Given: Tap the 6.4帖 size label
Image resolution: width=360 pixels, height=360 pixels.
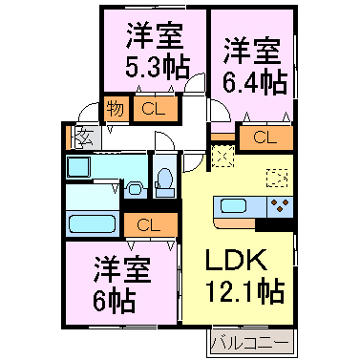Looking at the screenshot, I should click(254, 80).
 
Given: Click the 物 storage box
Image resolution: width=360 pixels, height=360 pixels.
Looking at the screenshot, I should click(115, 109).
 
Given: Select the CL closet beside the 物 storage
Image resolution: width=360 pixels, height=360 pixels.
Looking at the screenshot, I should click(152, 109).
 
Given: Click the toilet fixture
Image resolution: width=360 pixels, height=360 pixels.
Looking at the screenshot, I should click(164, 179).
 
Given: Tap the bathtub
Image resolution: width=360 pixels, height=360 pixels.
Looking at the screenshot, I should click(92, 225).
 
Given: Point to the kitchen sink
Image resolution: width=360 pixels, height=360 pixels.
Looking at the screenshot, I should click(233, 205).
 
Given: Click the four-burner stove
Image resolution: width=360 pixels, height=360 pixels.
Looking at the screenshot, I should click(280, 205).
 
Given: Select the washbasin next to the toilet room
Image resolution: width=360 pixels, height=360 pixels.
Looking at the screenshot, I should click(135, 187).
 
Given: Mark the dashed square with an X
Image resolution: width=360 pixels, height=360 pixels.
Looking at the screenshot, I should click(222, 152).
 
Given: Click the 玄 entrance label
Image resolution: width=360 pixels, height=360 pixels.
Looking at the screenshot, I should click(81, 137).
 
